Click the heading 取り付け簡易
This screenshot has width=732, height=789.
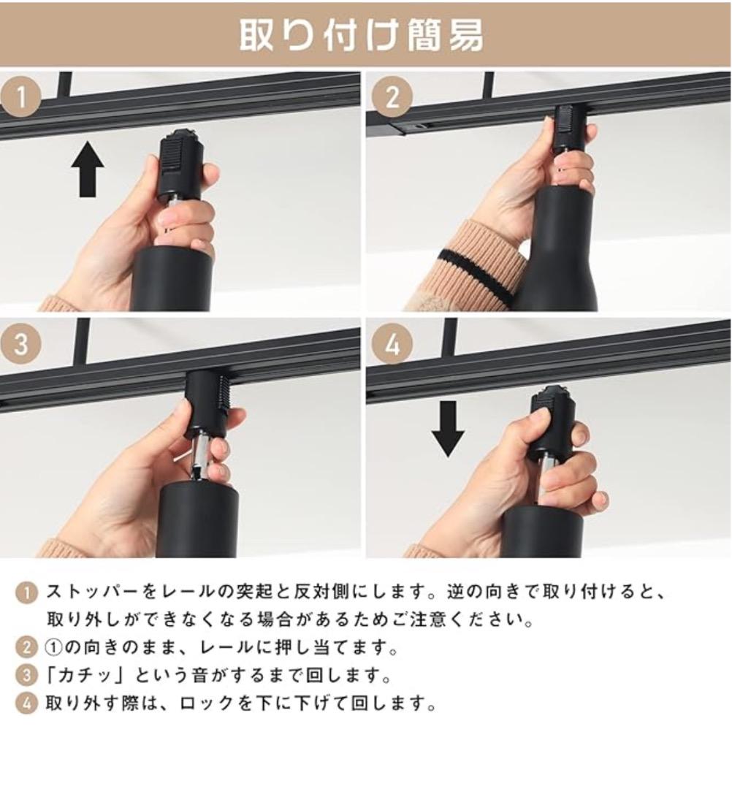[362, 34]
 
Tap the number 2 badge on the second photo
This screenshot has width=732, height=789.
[393, 96]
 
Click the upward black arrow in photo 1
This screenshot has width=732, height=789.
[88, 169]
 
